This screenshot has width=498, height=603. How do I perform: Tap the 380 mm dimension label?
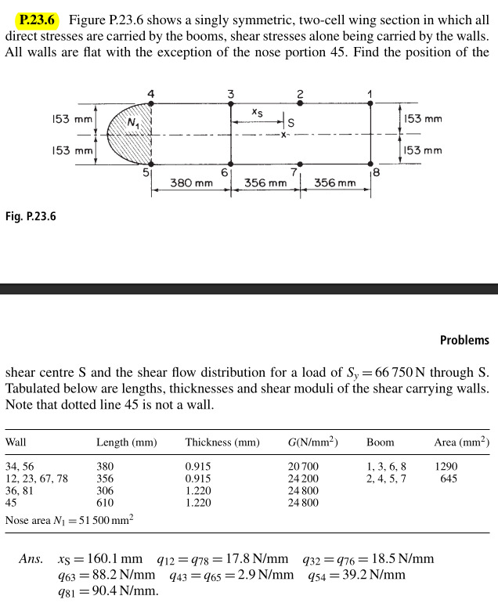coord(192,183)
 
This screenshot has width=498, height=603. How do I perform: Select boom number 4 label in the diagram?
coord(150,94)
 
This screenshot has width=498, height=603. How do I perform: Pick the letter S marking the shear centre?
coord(291,123)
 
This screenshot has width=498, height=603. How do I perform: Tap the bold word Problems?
coord(464,340)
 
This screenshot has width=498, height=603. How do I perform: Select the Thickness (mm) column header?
coord(222,442)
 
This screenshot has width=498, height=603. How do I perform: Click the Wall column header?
coord(16,442)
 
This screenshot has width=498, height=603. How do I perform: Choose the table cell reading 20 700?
coord(304,466)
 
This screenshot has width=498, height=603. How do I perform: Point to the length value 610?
coord(106,503)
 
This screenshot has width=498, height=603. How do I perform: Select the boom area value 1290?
coord(446,466)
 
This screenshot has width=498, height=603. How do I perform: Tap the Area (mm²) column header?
coord(461,442)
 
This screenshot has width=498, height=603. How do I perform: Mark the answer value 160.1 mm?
coord(110,559)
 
